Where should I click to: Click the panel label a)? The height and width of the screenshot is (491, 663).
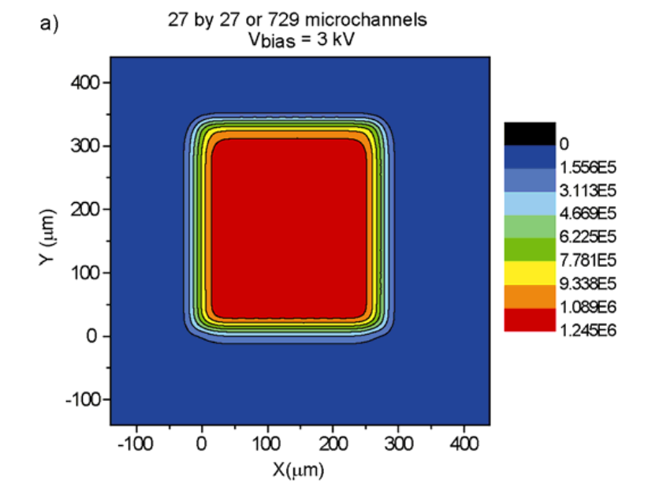pos(49,24)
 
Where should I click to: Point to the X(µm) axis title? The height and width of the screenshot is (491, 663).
pos(298,469)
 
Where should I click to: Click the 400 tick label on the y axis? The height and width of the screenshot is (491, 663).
pos(87,82)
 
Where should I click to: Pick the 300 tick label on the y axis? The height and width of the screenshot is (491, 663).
pos(87,146)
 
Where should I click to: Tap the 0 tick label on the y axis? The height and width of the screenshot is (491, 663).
pos(92,336)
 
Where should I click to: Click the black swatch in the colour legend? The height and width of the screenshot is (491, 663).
pos(530,133)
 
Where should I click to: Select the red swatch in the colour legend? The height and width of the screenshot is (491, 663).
pos(530,320)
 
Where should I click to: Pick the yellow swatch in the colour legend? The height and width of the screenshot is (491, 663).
pos(530,273)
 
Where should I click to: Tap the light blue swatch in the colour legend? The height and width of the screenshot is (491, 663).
pos(530,203)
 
